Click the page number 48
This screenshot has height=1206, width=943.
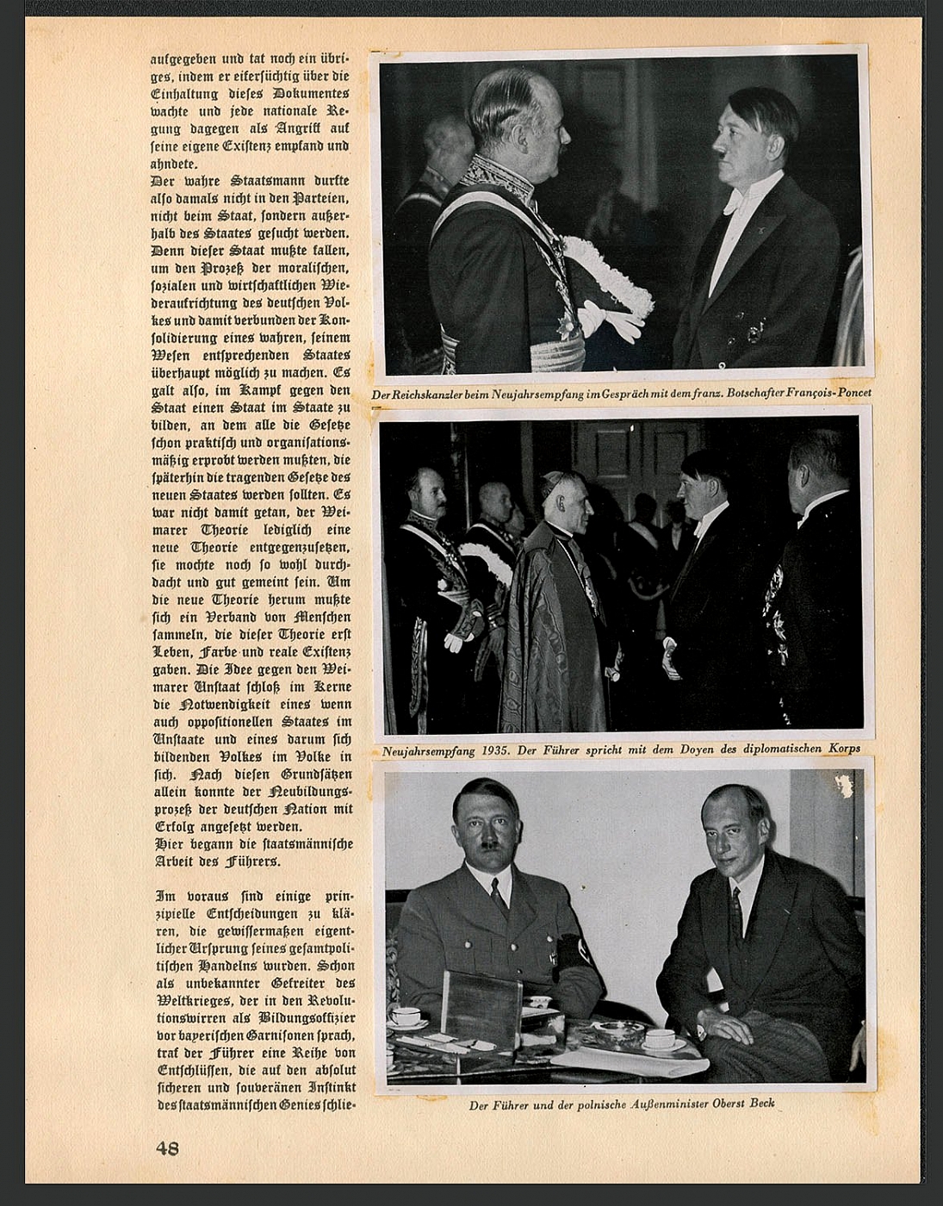click(x=167, y=1147)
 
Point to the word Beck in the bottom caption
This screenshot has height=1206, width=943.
click(x=762, y=1103)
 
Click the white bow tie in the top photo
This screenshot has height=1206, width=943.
click(x=733, y=202)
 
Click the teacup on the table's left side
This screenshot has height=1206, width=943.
click(x=406, y=1016)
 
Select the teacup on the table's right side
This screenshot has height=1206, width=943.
click(x=660, y=1039)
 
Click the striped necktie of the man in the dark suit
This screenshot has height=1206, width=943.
click(x=736, y=917)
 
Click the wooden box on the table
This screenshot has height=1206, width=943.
click(x=482, y=1008)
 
